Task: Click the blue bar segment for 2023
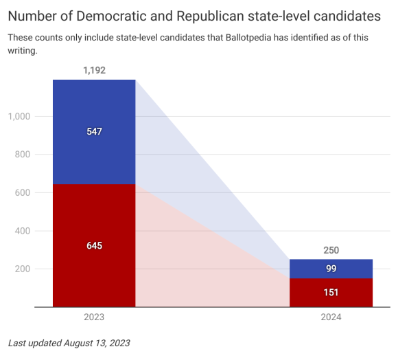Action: tap(94, 113)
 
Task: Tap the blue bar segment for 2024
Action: tap(331, 264)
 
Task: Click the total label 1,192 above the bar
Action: tap(94, 70)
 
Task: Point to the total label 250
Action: tap(331, 250)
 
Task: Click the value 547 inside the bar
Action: tap(94, 132)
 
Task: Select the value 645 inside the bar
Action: tap(94, 245)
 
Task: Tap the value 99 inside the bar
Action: tap(331, 269)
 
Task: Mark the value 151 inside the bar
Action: tap(331, 293)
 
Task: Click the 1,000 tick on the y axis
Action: tap(19, 117)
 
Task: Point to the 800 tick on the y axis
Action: tap(23, 155)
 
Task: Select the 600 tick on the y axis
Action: tap(23, 193)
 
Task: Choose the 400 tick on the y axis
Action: tap(23, 231)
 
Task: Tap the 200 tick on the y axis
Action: tap(23, 269)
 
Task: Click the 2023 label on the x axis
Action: tap(94, 317)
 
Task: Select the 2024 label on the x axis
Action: tap(331, 317)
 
